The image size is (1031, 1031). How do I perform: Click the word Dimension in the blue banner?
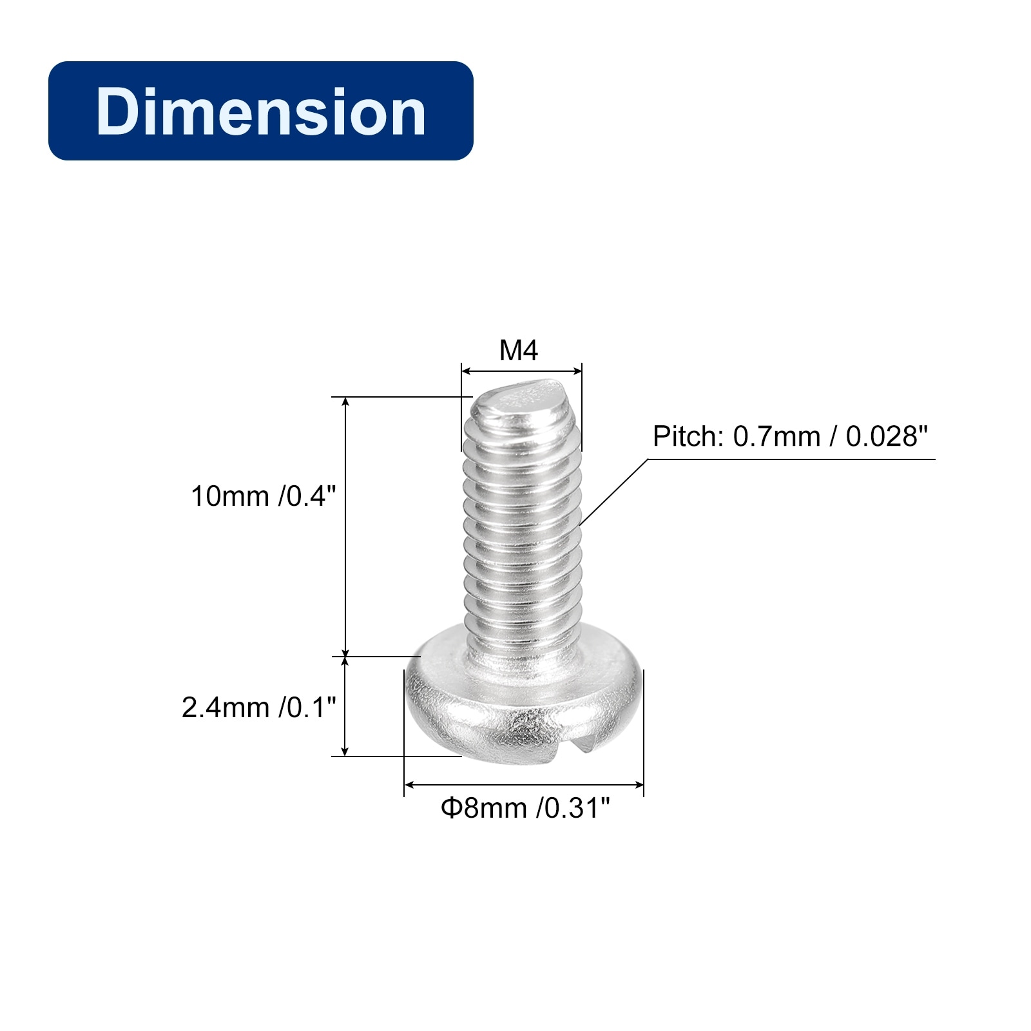(x=261, y=111)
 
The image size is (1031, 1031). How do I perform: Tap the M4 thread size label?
(x=519, y=351)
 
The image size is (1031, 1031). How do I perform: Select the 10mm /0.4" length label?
(x=264, y=496)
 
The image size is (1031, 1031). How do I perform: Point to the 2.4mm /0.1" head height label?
(x=259, y=708)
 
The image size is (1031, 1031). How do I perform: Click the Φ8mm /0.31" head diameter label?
(x=525, y=807)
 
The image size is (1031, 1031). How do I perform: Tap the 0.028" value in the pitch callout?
(x=887, y=436)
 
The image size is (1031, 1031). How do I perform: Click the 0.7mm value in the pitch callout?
(x=776, y=436)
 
